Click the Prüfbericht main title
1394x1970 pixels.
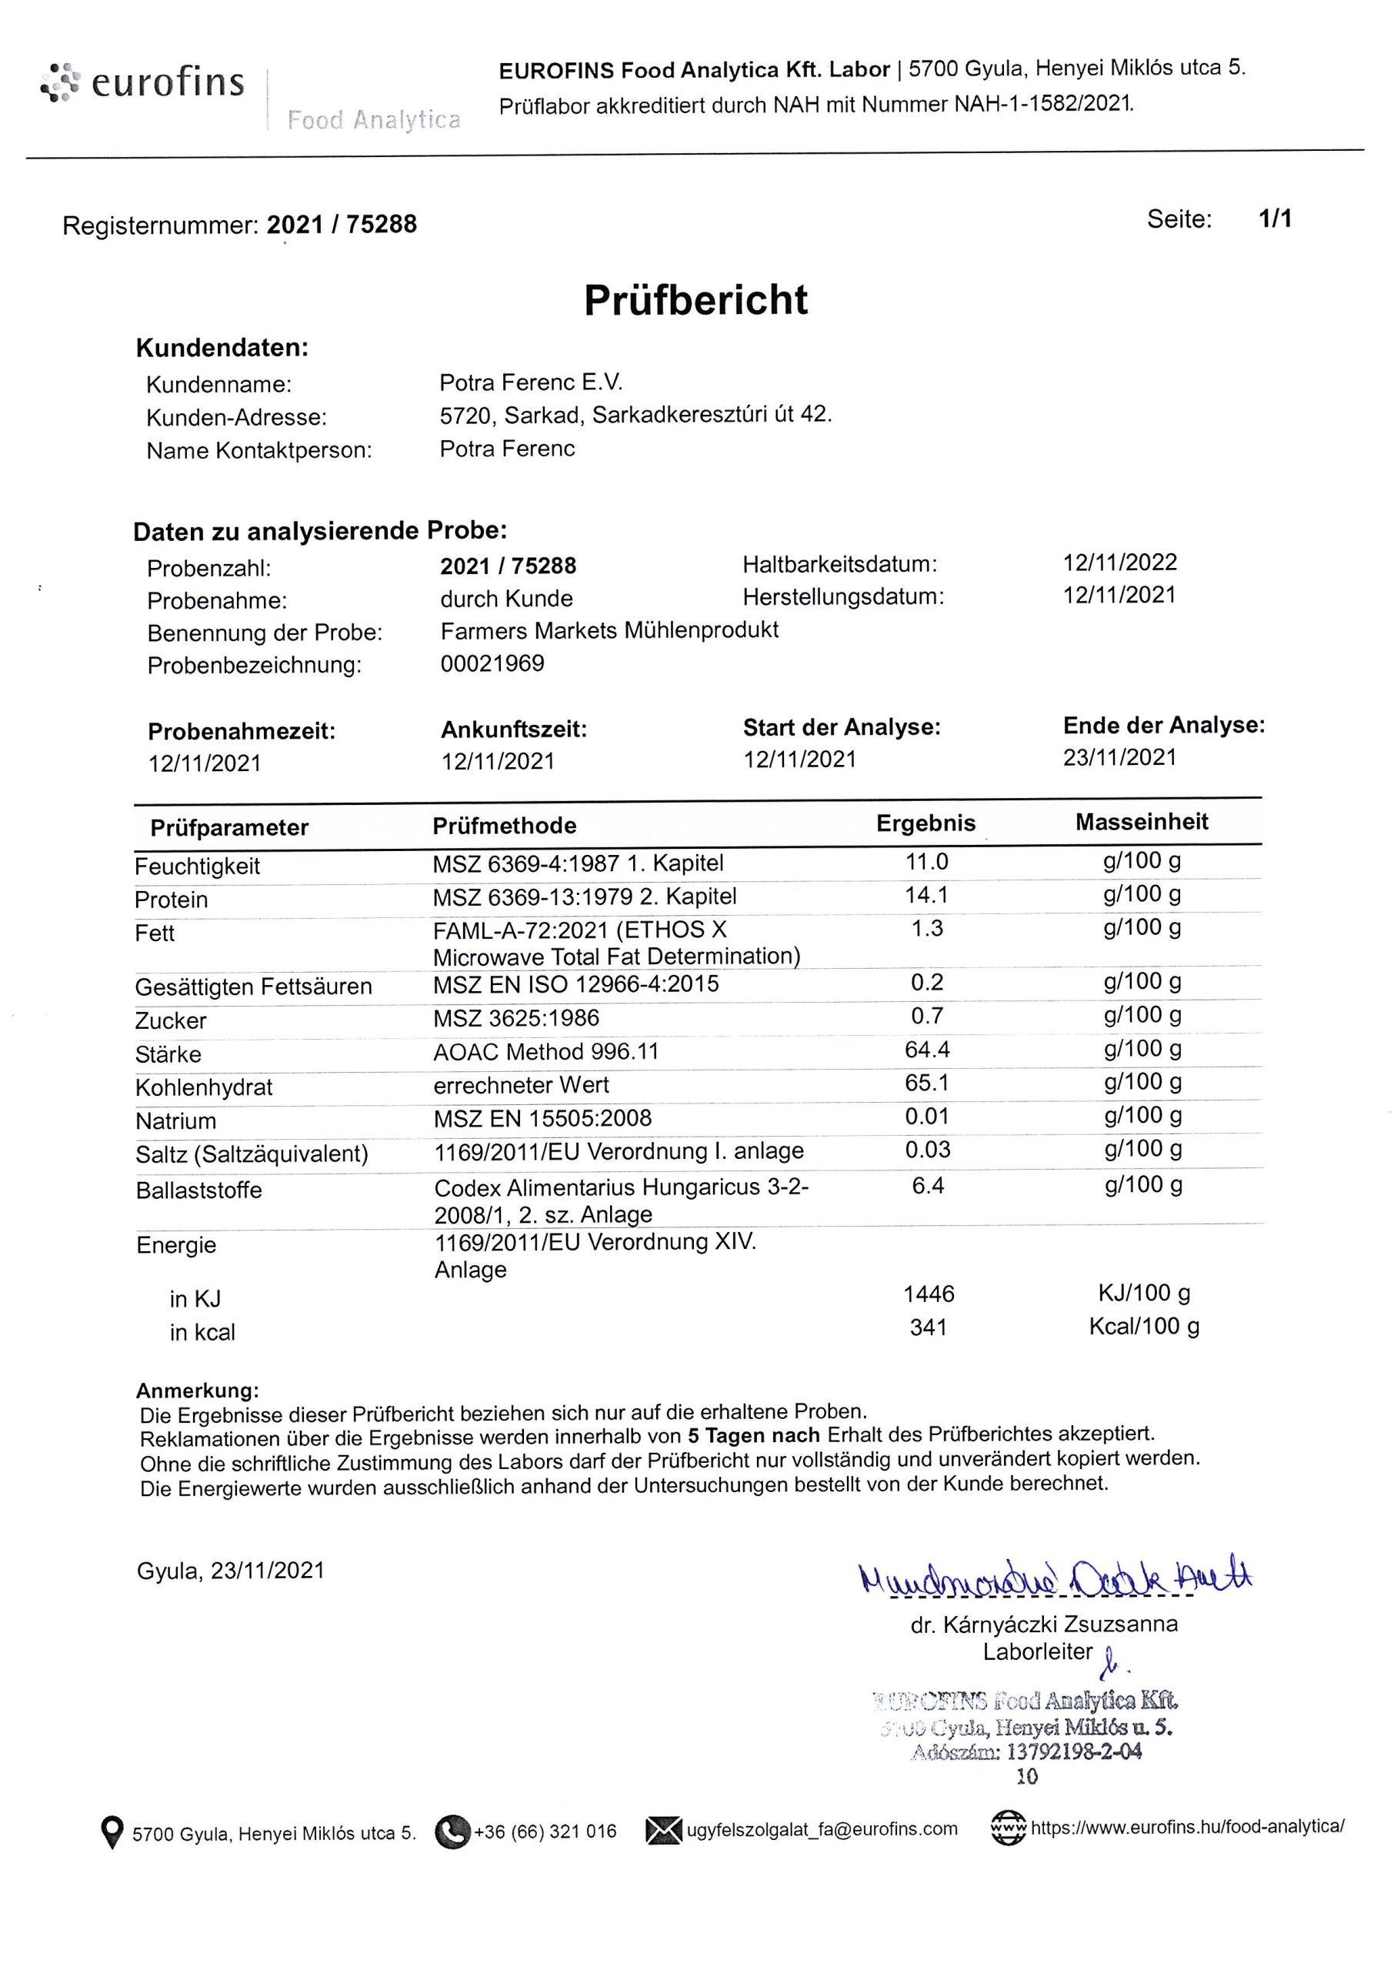pos(695,300)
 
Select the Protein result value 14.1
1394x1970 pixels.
pos(926,895)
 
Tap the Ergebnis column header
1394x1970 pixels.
pos(925,823)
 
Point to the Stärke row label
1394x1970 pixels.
pos(168,1054)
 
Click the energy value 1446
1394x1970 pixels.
pos(929,1294)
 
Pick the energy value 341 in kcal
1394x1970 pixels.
pos(928,1328)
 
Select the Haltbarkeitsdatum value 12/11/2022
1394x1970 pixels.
pos(1119,563)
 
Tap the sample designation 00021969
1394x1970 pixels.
pos(492,663)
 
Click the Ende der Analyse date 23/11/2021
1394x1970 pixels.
pos(1119,757)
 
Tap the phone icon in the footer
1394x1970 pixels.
pos(453,1831)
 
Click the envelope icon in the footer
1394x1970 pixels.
pos(662,1830)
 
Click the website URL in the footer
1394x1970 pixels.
pos(1187,1828)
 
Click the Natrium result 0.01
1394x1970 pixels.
pos(927,1116)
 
